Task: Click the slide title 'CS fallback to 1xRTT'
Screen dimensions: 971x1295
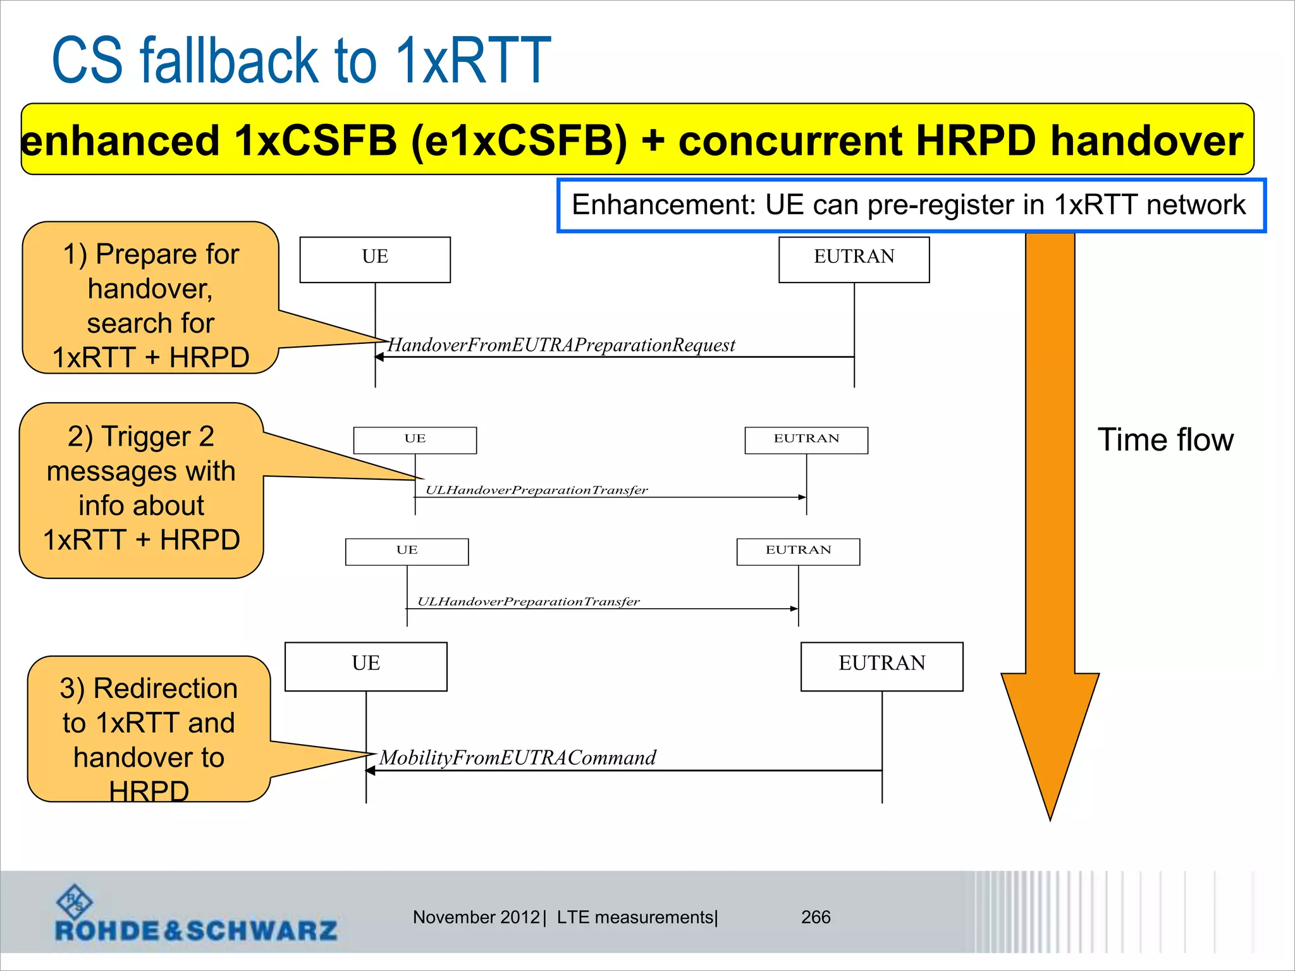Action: click(301, 61)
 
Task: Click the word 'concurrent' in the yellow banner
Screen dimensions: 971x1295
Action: click(790, 140)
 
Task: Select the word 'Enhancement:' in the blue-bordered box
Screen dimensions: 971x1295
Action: click(663, 205)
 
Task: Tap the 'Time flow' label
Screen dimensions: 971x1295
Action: click(1165, 440)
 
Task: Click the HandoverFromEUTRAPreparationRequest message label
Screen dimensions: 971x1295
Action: click(561, 345)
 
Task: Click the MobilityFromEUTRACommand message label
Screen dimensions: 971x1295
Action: click(517, 757)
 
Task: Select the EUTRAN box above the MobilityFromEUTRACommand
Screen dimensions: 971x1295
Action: click(881, 666)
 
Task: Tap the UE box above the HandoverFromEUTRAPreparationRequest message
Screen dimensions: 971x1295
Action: click(375, 259)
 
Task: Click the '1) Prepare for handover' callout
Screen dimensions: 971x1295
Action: click(150, 297)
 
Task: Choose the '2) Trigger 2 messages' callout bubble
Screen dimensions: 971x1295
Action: click(141, 490)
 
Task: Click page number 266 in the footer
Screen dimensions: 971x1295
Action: click(816, 917)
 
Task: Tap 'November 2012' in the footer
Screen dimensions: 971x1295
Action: click(476, 917)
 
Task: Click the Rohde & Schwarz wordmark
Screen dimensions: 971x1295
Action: click(196, 931)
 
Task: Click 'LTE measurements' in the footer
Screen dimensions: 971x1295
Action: click(635, 917)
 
